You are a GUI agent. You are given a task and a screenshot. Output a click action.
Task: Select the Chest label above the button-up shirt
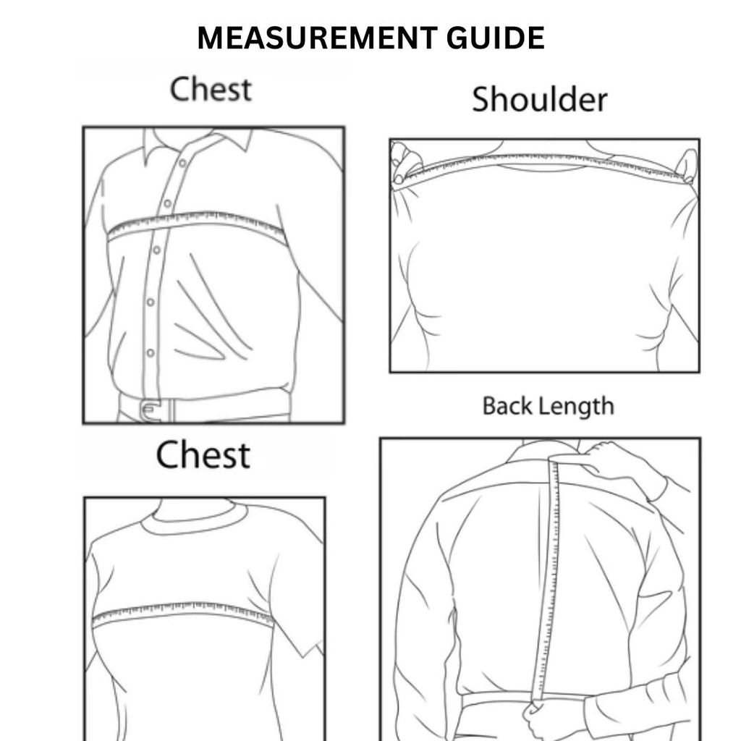pyautogui.click(x=211, y=90)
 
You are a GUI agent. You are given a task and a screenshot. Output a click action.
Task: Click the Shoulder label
pyautogui.click(x=539, y=100)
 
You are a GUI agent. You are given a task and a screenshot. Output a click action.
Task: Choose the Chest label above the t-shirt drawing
pyautogui.click(x=203, y=455)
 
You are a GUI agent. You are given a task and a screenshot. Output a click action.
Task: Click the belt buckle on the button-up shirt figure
pyautogui.click(x=150, y=410)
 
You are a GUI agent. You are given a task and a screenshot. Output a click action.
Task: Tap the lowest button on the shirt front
pyautogui.click(x=151, y=352)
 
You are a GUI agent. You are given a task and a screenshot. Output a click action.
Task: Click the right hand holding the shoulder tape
pyautogui.click(x=685, y=165)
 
